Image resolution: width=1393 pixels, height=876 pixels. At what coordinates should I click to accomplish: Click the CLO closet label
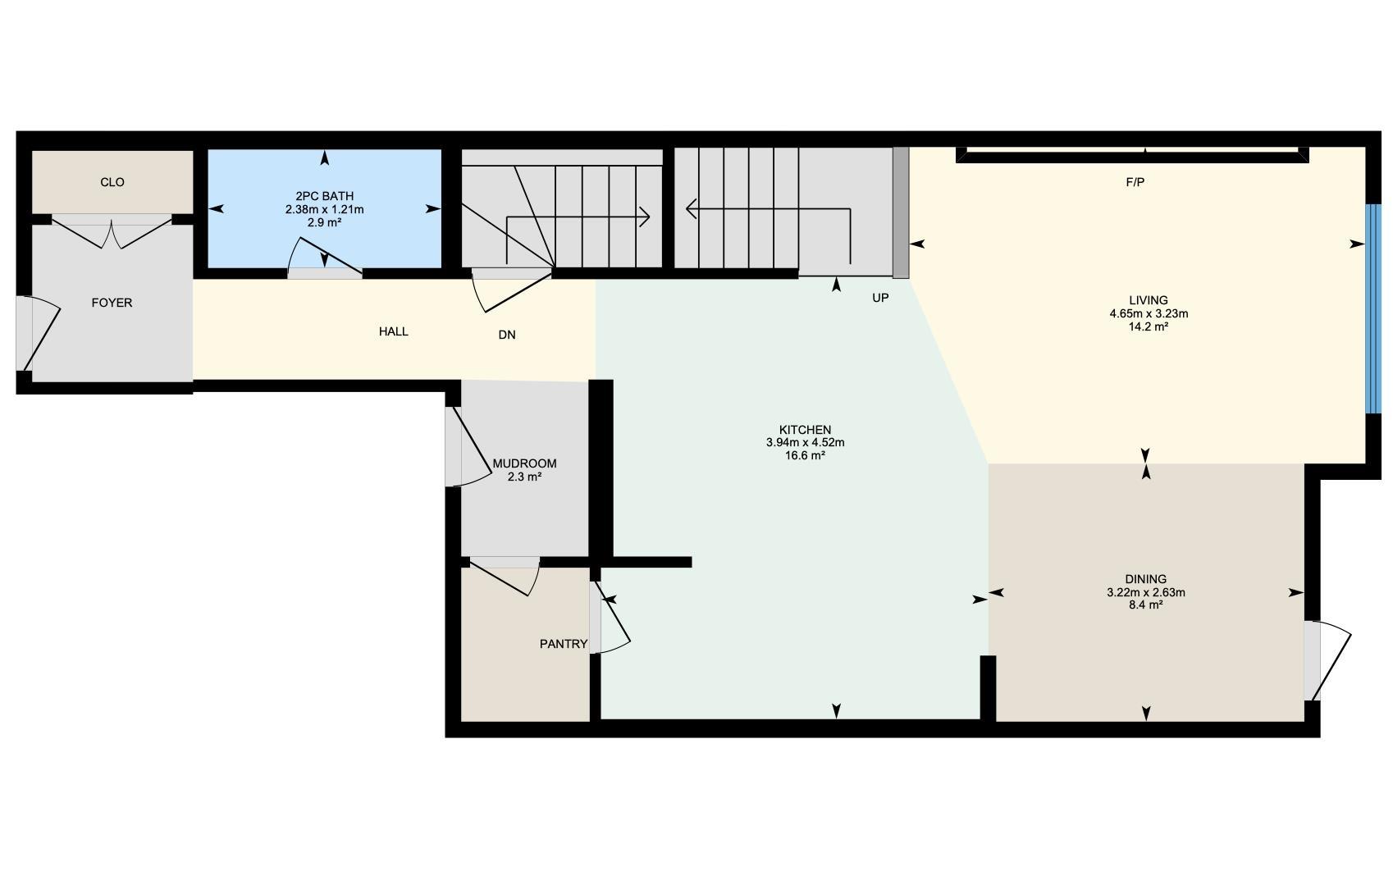112,182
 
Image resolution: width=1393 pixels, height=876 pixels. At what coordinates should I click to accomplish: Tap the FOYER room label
112,303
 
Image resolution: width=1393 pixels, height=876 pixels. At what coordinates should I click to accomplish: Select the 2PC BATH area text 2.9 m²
324,222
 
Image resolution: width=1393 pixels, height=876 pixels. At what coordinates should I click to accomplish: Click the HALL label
394,331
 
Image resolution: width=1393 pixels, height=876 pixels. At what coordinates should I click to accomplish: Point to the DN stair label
507,335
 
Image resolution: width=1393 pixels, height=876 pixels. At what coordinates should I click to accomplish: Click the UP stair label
880,298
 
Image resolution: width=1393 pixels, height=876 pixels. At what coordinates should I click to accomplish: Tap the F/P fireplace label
1135,182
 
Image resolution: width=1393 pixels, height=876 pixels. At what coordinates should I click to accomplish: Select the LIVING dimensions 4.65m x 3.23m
1149,313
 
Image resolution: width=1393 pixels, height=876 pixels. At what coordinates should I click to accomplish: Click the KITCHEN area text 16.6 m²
805,455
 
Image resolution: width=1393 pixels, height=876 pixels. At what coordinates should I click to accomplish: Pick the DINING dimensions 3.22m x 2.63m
1145,592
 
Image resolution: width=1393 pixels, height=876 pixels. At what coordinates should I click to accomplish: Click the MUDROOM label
524,463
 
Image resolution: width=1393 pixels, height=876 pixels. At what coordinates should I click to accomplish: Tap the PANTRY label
563,644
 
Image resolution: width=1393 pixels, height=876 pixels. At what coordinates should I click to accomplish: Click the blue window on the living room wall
1372,308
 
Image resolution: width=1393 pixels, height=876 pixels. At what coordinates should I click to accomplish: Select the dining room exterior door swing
1329,660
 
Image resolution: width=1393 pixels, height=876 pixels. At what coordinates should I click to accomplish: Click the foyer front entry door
37,335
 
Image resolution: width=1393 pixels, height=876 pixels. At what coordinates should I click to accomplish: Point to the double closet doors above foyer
112,233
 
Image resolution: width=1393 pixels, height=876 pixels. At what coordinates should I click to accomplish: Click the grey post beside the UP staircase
901,212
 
